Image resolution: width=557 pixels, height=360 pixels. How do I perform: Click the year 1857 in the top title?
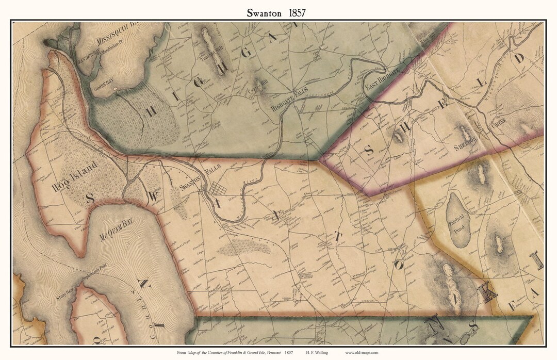296,13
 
